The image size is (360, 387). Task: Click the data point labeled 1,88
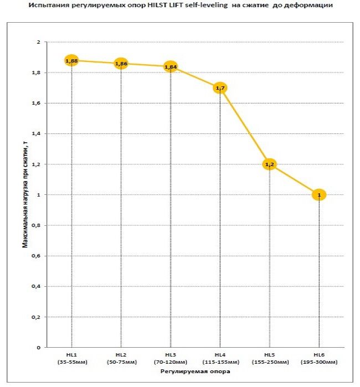pyautogui.click(x=71, y=60)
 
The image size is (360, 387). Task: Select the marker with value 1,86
pyautogui.click(x=121, y=64)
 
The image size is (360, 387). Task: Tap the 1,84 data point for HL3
pyautogui.click(x=171, y=67)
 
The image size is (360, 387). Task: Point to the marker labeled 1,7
pyautogui.click(x=220, y=88)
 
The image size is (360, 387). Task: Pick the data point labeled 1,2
pyautogui.click(x=270, y=164)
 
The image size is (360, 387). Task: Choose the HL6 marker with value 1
pyautogui.click(x=319, y=195)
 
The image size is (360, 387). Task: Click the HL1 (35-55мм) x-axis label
pyautogui.click(x=71, y=358)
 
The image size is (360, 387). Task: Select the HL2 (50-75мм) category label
pyautogui.click(x=121, y=358)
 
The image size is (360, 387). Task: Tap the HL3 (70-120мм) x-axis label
pyautogui.click(x=171, y=358)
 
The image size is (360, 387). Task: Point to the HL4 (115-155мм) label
pyautogui.click(x=220, y=358)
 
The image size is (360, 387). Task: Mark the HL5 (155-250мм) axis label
pyautogui.click(x=270, y=358)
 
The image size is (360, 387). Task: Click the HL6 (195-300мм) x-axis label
pyautogui.click(x=319, y=358)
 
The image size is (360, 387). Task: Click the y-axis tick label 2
pyautogui.click(x=39, y=42)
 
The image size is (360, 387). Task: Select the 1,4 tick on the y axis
pyautogui.click(x=37, y=134)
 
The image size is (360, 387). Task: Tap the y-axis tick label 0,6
pyautogui.click(x=37, y=256)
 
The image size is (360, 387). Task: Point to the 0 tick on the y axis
pyautogui.click(x=39, y=348)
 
